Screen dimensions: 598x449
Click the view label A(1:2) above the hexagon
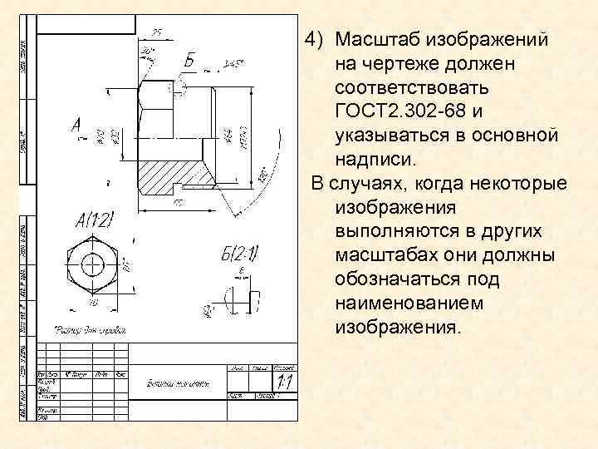click(95, 220)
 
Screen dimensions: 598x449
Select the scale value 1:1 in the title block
click(284, 382)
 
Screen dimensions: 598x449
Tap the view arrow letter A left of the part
click(76, 126)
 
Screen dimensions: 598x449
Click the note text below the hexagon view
click(90, 328)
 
